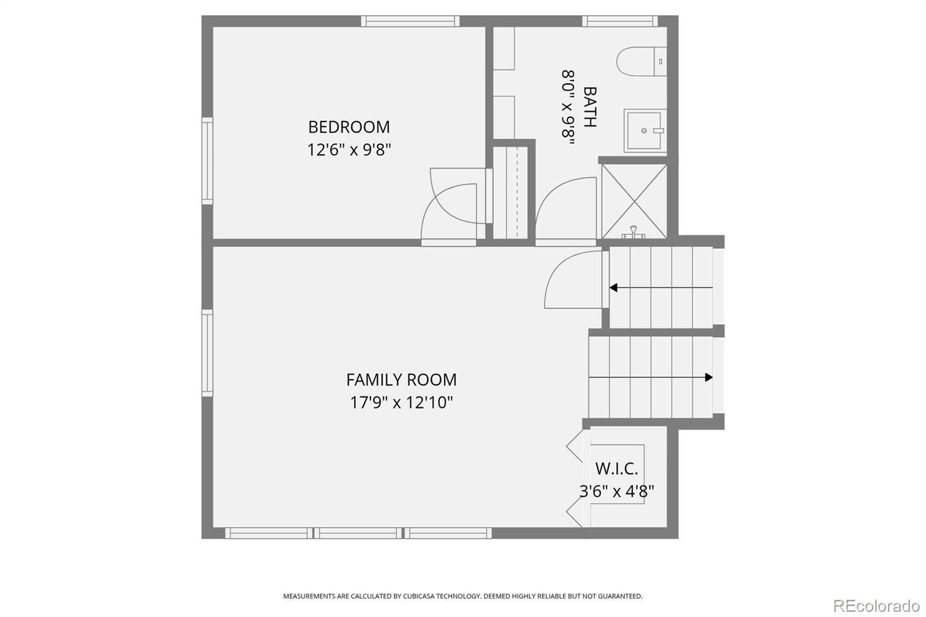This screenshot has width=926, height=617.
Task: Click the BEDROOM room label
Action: pyautogui.click(x=349, y=127)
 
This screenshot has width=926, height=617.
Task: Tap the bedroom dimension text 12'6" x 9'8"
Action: pyautogui.click(x=349, y=149)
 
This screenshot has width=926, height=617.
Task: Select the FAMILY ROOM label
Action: pyautogui.click(x=402, y=380)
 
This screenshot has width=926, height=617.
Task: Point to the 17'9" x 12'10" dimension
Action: pyautogui.click(x=402, y=402)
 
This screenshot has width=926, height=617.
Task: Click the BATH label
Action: pyautogui.click(x=590, y=106)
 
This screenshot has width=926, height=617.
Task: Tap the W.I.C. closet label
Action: pyautogui.click(x=616, y=469)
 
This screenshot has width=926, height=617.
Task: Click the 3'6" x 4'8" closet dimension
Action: pyautogui.click(x=616, y=491)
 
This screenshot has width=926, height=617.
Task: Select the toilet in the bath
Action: pyautogui.click(x=641, y=61)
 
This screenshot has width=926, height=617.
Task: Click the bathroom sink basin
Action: pyautogui.click(x=645, y=131)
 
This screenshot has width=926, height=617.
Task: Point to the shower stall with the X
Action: pyautogui.click(x=634, y=201)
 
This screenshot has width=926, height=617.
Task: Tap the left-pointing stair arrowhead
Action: pyautogui.click(x=613, y=288)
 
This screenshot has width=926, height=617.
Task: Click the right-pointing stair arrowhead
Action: pyautogui.click(x=709, y=377)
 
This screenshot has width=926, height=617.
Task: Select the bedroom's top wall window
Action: pyautogui.click(x=410, y=21)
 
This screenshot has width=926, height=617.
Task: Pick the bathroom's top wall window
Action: pyautogui.click(x=620, y=21)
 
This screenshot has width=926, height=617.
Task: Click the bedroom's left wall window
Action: pyautogui.click(x=207, y=161)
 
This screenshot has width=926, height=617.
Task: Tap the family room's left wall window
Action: pyautogui.click(x=207, y=353)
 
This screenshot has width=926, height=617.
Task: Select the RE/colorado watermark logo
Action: pyautogui.click(x=876, y=606)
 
